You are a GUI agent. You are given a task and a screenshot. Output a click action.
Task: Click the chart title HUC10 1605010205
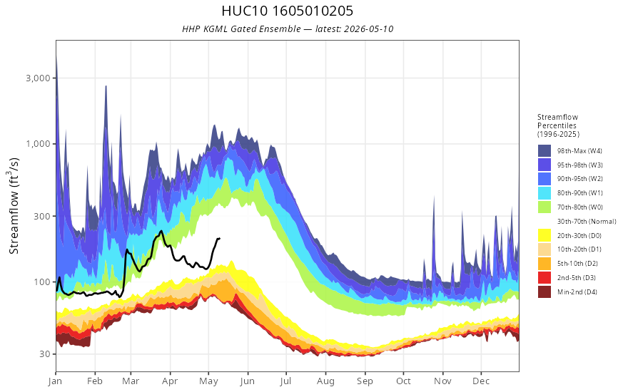287,11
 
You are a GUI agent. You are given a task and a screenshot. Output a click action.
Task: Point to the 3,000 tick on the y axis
39,78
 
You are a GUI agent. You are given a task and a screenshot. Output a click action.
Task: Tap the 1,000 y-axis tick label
39,143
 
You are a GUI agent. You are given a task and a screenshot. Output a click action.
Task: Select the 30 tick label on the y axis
46,354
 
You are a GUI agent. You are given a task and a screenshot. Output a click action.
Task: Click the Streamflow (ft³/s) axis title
14,206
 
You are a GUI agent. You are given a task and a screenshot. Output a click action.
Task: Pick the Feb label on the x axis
94,381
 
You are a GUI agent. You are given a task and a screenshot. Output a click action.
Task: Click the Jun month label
247,381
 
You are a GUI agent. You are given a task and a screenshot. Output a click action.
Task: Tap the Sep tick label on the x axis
365,381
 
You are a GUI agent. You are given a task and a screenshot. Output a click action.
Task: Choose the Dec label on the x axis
481,381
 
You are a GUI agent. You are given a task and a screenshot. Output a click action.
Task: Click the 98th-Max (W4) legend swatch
545,151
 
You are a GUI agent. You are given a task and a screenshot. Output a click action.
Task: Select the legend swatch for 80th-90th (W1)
545,193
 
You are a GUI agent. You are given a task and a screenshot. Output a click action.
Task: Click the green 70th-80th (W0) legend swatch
545,207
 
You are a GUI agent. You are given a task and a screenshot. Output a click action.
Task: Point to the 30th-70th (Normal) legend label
587,221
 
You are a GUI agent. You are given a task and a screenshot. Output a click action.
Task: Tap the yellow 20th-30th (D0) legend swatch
545,235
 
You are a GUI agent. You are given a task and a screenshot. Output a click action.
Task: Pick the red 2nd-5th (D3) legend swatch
545,277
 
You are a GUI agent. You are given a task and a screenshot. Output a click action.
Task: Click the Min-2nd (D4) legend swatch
545,292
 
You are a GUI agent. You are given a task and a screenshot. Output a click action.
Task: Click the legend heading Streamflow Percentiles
558,121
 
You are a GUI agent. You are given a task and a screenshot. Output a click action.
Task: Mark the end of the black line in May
220,239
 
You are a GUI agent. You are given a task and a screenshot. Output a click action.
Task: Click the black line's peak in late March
161,231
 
